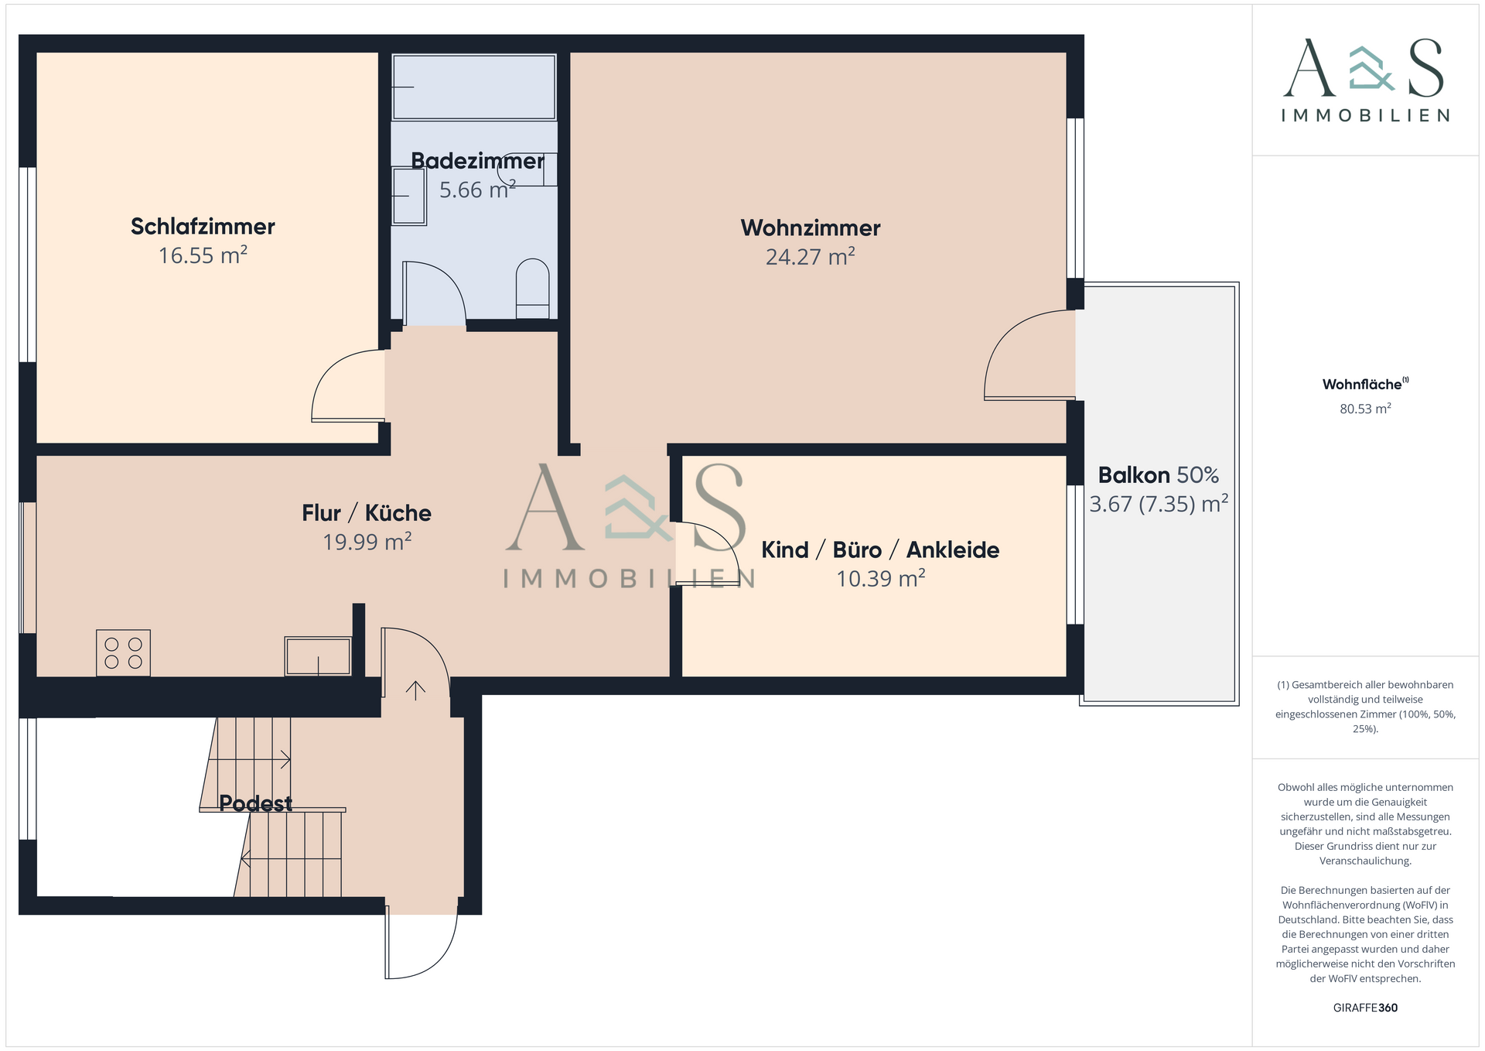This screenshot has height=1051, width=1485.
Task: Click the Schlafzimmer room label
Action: click(203, 227)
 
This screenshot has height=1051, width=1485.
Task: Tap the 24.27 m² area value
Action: click(810, 256)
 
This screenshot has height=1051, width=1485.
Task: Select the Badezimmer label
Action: click(477, 161)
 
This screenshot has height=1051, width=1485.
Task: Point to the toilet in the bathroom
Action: click(532, 288)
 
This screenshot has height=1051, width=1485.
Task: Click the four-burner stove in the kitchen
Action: click(123, 653)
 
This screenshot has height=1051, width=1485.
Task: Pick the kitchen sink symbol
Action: click(318, 656)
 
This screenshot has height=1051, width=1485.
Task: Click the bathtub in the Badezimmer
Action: click(473, 87)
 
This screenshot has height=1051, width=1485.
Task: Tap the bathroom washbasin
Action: click(408, 196)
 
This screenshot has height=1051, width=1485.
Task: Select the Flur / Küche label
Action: click(367, 513)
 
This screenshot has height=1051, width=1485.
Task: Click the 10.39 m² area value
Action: click(881, 578)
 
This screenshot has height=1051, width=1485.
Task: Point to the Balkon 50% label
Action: click(1158, 474)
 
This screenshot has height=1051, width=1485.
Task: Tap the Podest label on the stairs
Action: click(255, 803)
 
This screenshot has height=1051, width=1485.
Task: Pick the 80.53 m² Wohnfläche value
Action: click(1365, 409)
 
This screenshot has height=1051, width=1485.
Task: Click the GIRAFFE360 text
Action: click(1365, 1008)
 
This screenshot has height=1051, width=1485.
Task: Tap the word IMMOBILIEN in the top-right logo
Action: click(1365, 115)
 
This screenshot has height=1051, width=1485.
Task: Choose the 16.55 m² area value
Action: click(203, 255)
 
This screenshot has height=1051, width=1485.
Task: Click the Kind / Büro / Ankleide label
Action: click(880, 549)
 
